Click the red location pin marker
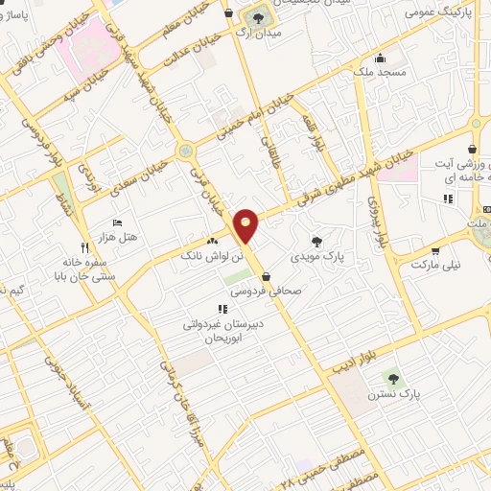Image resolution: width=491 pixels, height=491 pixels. point(246,226)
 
